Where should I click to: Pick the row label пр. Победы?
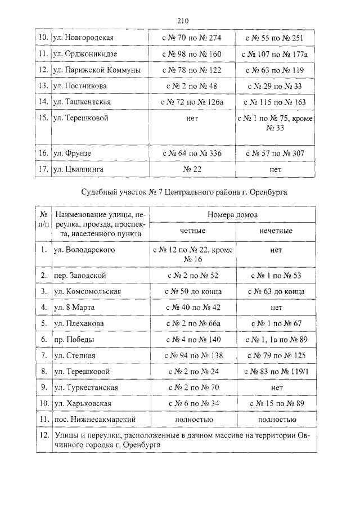click(x=74, y=340)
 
